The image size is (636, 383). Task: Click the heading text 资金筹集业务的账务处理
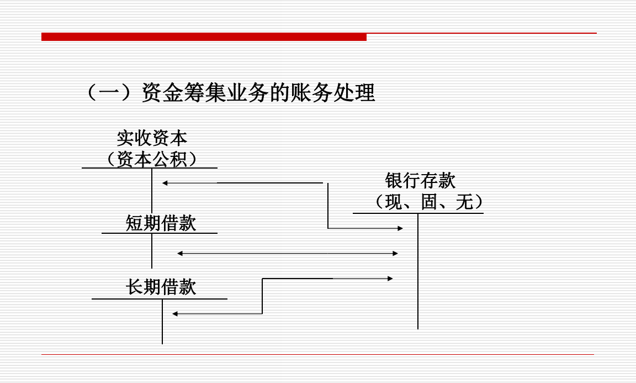(x=258, y=93)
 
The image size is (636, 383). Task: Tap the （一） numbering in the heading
(x=110, y=93)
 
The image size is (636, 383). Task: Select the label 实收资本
(x=152, y=138)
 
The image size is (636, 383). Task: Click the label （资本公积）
(x=152, y=159)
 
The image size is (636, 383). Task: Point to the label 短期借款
(x=161, y=223)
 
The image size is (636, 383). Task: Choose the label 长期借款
(x=161, y=287)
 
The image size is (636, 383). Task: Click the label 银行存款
(x=420, y=181)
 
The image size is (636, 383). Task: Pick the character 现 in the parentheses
(x=394, y=202)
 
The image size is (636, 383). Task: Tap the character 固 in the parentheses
(x=429, y=202)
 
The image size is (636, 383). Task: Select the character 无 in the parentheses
(x=464, y=202)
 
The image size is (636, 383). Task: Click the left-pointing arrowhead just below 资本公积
(x=165, y=183)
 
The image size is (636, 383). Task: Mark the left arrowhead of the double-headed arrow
(x=179, y=254)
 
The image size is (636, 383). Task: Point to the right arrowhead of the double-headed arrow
(x=395, y=254)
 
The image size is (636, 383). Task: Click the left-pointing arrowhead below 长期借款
(x=174, y=314)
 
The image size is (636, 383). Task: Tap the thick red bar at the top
(x=204, y=37)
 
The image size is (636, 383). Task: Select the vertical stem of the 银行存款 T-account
(x=418, y=271)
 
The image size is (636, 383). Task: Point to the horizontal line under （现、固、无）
(x=418, y=213)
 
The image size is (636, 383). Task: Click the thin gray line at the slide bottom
(x=317, y=354)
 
